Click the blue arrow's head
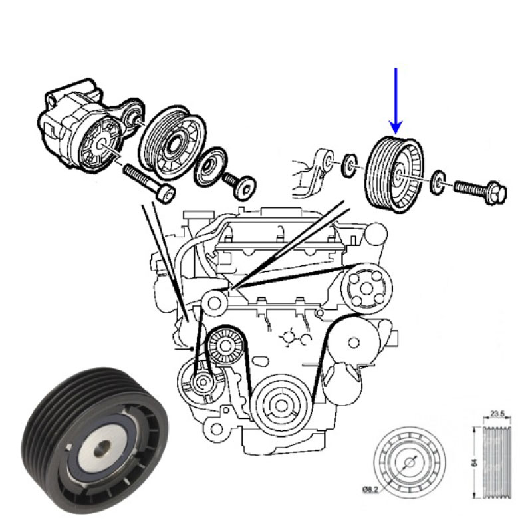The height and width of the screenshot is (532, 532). pos(396,126)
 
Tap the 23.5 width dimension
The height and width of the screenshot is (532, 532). pos(497,413)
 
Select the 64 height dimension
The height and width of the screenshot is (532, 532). pos(475,462)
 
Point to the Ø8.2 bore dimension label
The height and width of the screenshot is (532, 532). pos(370,489)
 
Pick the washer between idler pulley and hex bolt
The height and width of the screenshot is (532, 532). pos(438,183)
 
